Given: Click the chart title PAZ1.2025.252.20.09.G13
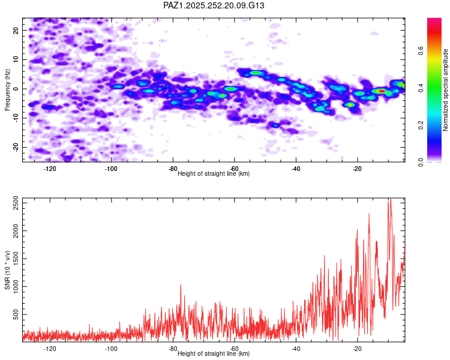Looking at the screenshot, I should pyautogui.click(x=214, y=5).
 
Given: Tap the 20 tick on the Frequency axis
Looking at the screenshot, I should pyautogui.click(x=16, y=30).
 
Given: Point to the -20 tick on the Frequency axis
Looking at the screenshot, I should pyautogui.click(x=15, y=148).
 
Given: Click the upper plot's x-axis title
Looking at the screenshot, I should pyautogui.click(x=214, y=173).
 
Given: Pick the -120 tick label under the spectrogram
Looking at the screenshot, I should pyautogui.click(x=50, y=168).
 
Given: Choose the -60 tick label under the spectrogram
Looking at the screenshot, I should pyautogui.click(x=235, y=168).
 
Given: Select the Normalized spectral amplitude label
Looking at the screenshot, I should pyautogui.click(x=445, y=90).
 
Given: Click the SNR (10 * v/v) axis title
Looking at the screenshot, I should pyautogui.click(x=7, y=270).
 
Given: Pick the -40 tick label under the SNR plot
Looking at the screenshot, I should pyautogui.click(x=296, y=348).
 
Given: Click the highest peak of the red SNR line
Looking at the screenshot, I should pyautogui.click(x=389, y=200).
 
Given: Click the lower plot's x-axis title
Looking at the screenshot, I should pyautogui.click(x=214, y=353).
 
